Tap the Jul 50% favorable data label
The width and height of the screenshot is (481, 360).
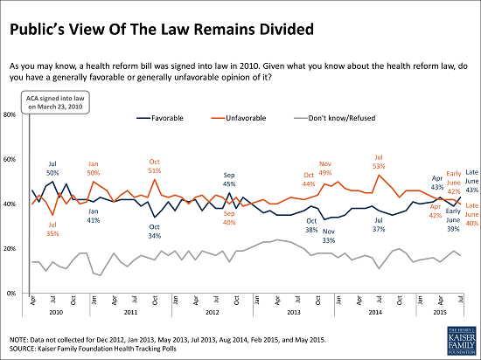pos(52,142)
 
